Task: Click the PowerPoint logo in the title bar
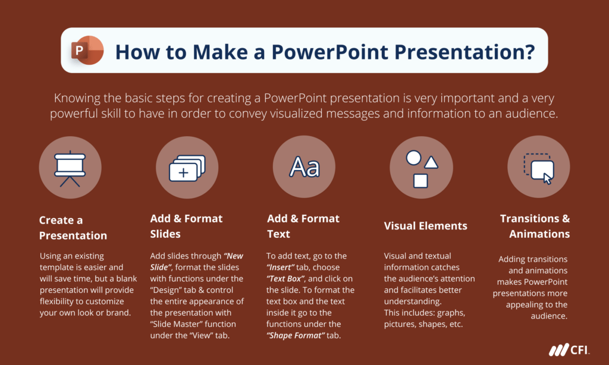[87, 51]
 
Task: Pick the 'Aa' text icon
[304, 167]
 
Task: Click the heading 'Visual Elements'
[425, 226]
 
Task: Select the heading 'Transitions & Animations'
[535, 226]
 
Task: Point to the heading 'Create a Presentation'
[73, 228]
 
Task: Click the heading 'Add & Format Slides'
[186, 226]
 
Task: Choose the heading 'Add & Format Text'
[303, 226]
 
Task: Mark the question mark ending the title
[527, 51]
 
